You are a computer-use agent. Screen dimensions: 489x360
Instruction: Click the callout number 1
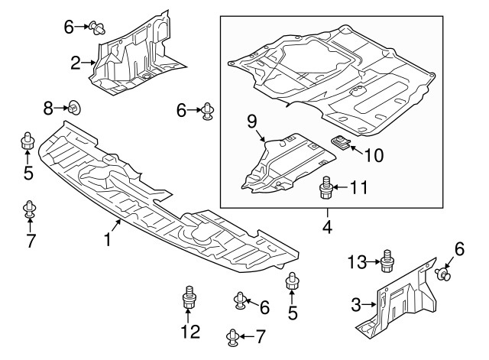coord(107,240)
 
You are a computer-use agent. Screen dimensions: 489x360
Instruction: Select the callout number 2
coord(76,63)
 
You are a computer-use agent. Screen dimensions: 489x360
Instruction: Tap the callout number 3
coord(356,304)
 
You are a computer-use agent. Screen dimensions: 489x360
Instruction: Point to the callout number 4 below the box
coord(327,227)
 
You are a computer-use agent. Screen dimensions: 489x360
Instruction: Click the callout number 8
coord(48,109)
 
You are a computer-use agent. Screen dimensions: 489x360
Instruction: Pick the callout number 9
coord(252,122)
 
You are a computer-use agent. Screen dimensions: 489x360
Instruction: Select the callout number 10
coord(374,155)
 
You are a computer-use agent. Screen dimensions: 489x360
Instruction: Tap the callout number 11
coord(359,187)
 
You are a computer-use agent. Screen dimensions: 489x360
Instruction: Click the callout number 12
coord(190,332)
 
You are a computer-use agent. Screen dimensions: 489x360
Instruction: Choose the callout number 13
coord(358,262)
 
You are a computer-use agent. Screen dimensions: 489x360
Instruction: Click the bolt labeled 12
coord(188,297)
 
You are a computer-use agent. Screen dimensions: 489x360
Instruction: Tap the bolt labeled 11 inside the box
coord(326,186)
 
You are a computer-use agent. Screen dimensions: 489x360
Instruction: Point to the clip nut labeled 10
coord(340,143)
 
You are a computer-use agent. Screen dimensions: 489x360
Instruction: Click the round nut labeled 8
coord(74,109)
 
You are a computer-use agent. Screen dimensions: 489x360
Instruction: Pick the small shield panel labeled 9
coord(289,163)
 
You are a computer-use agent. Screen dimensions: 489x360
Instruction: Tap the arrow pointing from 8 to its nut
coord(61,109)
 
